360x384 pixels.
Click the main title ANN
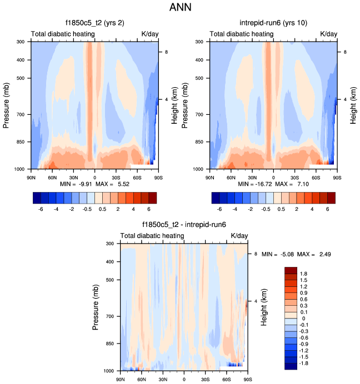click(x=180, y=9)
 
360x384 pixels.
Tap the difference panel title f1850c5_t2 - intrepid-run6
click(x=184, y=225)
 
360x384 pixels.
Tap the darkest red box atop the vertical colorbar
click(x=291, y=270)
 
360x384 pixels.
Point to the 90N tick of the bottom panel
click(x=121, y=379)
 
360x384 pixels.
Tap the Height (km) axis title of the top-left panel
click(x=174, y=105)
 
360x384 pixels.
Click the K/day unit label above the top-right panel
click(x=328, y=34)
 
